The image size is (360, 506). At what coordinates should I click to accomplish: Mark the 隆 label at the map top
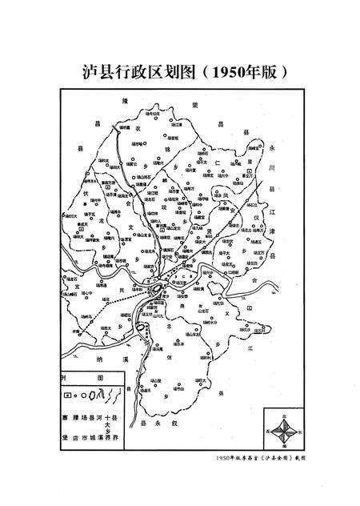(x=124, y=102)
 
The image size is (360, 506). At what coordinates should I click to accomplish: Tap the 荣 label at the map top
(x=196, y=104)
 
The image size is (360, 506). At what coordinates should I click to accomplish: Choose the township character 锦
(x=189, y=149)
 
